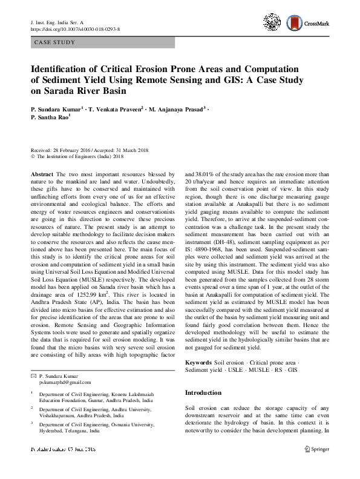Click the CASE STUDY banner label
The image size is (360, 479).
click(55, 43)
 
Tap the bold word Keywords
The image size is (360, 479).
click(199, 362)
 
